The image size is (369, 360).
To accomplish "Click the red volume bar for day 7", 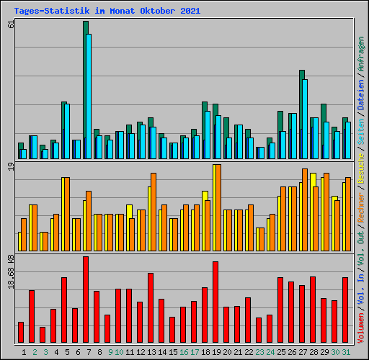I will coord(86,300).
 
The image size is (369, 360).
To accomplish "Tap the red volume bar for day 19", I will coord(215,302).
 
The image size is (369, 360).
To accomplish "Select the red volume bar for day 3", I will coord(43,335).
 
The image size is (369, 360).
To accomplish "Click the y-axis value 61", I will coord(10,24).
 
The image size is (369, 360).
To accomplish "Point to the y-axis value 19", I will coord(10,167).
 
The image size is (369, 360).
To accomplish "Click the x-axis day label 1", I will coord(24,352).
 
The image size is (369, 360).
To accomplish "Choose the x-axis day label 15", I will coord(173,352).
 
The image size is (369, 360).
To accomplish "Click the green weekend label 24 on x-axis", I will coord(270,352).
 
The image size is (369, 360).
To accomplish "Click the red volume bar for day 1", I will coord(21,332).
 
